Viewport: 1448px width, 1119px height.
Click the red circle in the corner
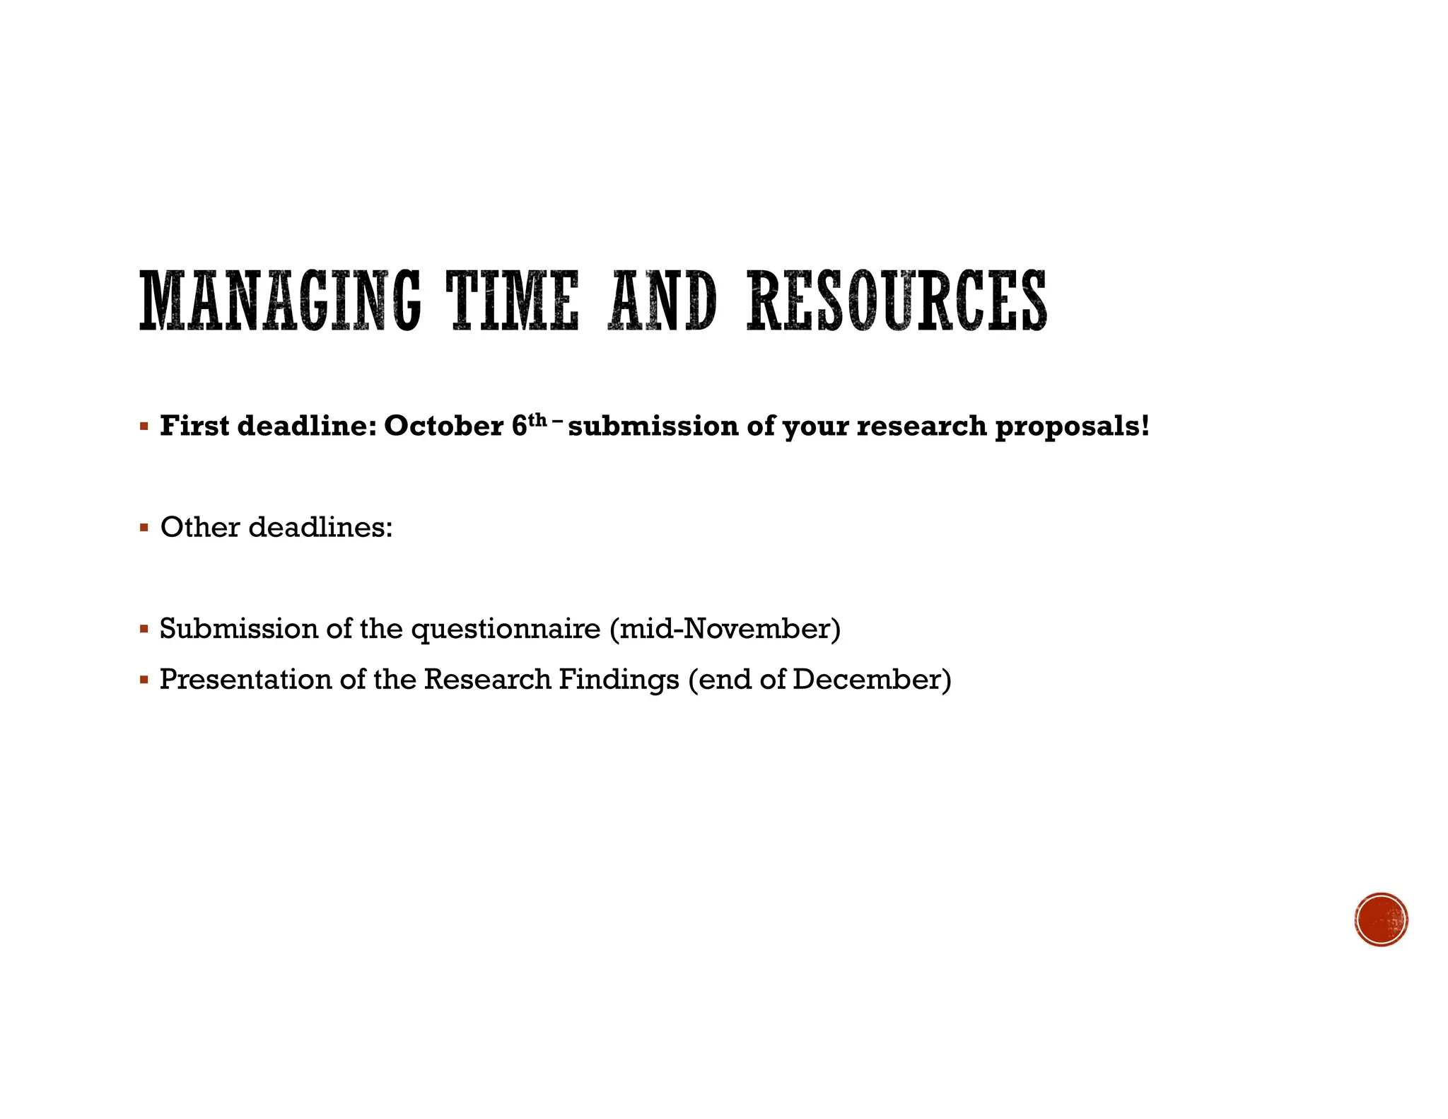point(1381,919)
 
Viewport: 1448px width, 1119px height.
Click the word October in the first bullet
point(443,426)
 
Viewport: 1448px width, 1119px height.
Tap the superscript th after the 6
point(538,419)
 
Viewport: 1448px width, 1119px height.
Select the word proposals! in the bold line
point(1072,427)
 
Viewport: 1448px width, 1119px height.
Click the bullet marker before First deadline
point(144,427)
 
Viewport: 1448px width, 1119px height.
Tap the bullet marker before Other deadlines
point(144,528)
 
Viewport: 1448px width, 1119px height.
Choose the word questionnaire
point(506,629)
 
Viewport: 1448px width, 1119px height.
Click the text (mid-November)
point(725,628)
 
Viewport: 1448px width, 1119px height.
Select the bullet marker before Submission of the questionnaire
point(144,628)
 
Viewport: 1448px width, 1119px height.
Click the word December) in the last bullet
point(872,679)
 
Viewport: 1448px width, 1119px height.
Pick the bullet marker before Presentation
point(144,680)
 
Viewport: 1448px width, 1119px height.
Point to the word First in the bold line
point(194,426)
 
